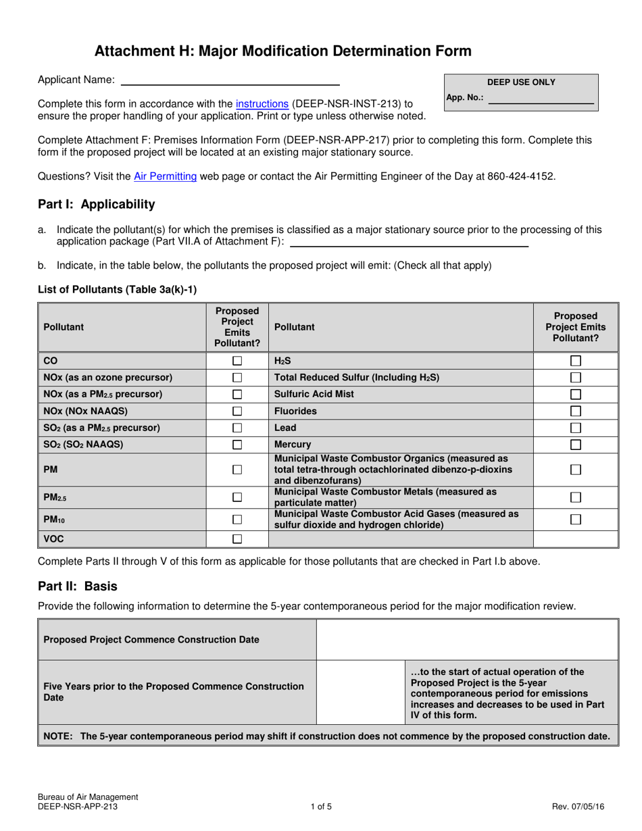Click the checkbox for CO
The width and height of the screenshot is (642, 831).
pyautogui.click(x=237, y=361)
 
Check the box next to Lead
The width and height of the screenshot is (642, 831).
pyautogui.click(x=576, y=428)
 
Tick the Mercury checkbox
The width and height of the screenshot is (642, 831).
pyautogui.click(x=576, y=445)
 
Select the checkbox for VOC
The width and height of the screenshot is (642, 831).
pyautogui.click(x=237, y=539)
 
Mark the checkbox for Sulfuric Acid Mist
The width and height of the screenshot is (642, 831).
pyautogui.click(x=576, y=394)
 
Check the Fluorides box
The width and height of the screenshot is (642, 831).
pyautogui.click(x=576, y=411)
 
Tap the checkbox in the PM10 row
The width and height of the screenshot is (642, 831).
pyautogui.click(x=237, y=520)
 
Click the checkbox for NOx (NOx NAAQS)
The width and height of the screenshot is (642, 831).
pyautogui.click(x=237, y=411)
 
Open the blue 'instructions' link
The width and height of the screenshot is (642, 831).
pyautogui.click(x=262, y=103)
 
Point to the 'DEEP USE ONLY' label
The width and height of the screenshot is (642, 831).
pyautogui.click(x=521, y=82)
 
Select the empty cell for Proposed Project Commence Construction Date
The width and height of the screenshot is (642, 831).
pyautogui.click(x=466, y=639)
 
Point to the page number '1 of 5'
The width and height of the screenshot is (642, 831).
pyautogui.click(x=321, y=806)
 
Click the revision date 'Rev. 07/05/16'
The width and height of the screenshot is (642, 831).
pyautogui.click(x=578, y=806)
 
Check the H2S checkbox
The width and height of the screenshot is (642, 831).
pyautogui.click(x=576, y=361)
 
